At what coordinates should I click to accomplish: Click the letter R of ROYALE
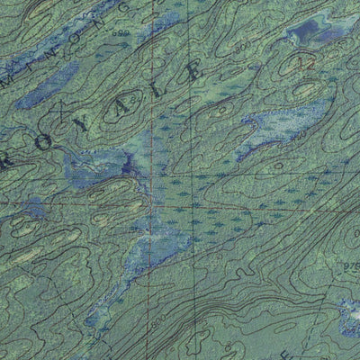(11, 159)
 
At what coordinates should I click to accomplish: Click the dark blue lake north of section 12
(303, 33)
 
